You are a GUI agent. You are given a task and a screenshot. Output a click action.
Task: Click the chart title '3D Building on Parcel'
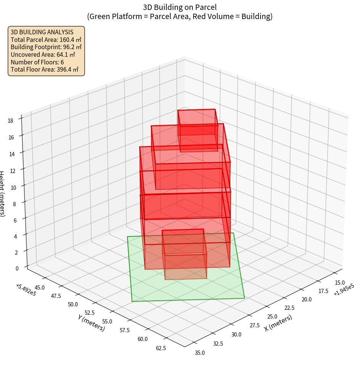[180, 7]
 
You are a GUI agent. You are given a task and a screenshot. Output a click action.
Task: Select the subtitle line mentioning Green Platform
[180, 16]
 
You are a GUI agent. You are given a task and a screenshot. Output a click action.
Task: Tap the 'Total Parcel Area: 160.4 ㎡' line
[46, 40]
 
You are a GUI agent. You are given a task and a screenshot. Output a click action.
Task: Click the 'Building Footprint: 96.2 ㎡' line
[46, 47]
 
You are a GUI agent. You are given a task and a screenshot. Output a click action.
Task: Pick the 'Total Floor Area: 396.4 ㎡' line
[45, 70]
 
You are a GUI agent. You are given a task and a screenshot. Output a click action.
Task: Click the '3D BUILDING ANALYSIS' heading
[42, 32]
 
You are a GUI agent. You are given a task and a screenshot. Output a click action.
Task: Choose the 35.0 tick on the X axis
[199, 353]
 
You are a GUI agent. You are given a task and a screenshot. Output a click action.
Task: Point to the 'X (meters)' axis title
[278, 323]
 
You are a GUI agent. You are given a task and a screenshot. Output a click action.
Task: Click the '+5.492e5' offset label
[26, 290]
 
